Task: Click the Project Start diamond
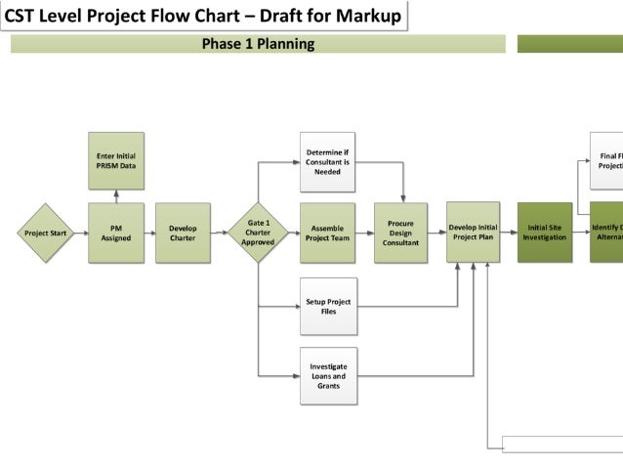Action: click(46, 233)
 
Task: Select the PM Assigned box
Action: click(116, 233)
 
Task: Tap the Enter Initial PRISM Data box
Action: click(116, 161)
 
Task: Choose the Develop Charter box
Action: click(183, 233)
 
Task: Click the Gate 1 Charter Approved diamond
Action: click(258, 233)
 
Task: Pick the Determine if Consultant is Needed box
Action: click(328, 161)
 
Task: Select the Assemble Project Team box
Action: click(328, 233)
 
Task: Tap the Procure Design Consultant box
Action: click(401, 233)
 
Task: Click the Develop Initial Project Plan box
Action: click(474, 233)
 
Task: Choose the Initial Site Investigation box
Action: click(544, 233)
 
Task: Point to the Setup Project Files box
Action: click(328, 306)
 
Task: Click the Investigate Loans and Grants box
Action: click(328, 375)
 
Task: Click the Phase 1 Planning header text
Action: click(258, 44)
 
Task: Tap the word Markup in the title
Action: click(369, 16)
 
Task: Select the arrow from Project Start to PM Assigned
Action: click(81, 233)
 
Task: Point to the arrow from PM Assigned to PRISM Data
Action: click(116, 196)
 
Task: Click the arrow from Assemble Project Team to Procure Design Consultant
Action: click(365, 233)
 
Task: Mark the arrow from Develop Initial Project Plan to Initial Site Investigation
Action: click(509, 233)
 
